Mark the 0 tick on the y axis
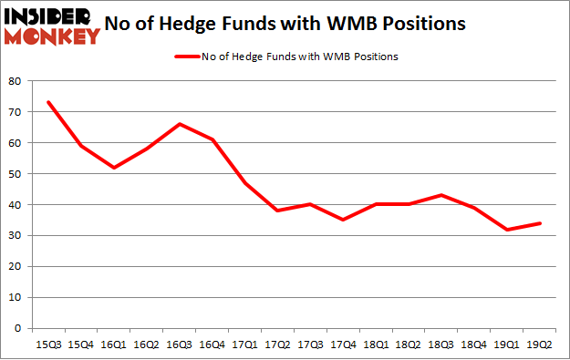tap(17, 328)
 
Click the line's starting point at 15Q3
tap(48, 102)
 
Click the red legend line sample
tap(187, 57)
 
